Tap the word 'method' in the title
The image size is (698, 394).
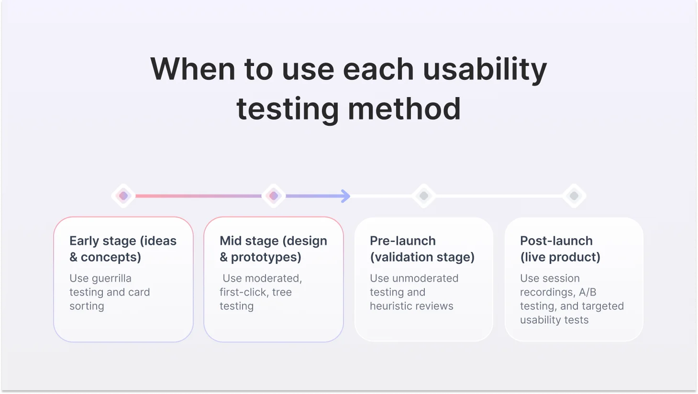click(404, 109)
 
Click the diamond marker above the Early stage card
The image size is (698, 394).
click(123, 196)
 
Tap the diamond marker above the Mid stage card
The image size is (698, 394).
click(274, 196)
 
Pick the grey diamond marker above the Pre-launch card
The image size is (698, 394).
click(424, 196)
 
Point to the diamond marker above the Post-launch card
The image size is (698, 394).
click(574, 196)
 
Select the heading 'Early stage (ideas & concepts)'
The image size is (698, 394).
click(123, 249)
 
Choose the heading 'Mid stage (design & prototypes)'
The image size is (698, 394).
click(273, 249)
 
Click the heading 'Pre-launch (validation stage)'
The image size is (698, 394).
click(422, 249)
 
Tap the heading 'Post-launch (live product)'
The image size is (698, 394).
click(560, 249)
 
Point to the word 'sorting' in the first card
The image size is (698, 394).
click(87, 306)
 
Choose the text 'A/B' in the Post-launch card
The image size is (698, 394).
click(587, 292)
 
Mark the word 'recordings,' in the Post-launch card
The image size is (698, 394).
click(547, 292)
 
